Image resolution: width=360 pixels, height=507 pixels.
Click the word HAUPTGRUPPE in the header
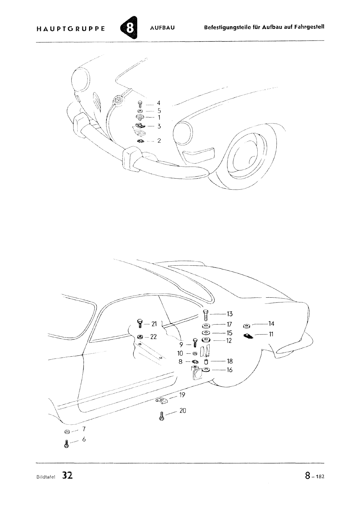tap(71, 29)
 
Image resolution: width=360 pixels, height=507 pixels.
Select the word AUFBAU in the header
tap(162, 28)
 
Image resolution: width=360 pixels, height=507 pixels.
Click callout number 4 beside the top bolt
tap(158, 103)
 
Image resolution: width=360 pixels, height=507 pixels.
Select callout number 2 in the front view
tap(159, 141)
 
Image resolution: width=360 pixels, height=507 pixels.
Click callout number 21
tap(154, 324)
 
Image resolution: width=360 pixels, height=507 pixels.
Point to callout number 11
tap(271, 334)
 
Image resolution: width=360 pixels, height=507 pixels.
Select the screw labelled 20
tap(162, 416)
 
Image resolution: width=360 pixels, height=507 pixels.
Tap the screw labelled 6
tap(67, 444)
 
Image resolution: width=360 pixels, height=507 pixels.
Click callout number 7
tap(84, 429)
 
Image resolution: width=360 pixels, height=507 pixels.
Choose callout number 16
tap(230, 370)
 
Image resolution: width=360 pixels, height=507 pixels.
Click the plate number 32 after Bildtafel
tap(67, 476)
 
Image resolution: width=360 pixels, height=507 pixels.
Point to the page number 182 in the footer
tap(320, 477)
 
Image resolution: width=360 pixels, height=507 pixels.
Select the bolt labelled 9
tap(195, 343)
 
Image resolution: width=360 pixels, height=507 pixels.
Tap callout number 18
tap(230, 361)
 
